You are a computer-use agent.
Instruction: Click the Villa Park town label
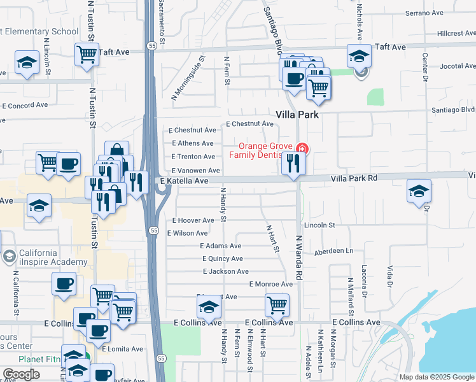pos(297,115)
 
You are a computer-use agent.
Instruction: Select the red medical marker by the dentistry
pos(302,149)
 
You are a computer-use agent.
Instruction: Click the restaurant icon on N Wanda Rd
pos(293,164)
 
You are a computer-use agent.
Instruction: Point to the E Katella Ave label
pos(185,181)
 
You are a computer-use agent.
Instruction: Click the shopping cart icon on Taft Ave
pos(87,55)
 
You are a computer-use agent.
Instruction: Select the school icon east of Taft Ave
pos(359,56)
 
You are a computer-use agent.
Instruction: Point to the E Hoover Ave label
pos(193,220)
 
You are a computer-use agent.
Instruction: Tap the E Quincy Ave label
pos(223,259)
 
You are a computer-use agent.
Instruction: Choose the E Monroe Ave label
pos(271,284)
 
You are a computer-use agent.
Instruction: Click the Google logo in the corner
pos(22,374)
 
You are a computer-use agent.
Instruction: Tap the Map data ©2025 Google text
pos(436,377)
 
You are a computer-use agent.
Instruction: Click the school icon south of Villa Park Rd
pos(419,191)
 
